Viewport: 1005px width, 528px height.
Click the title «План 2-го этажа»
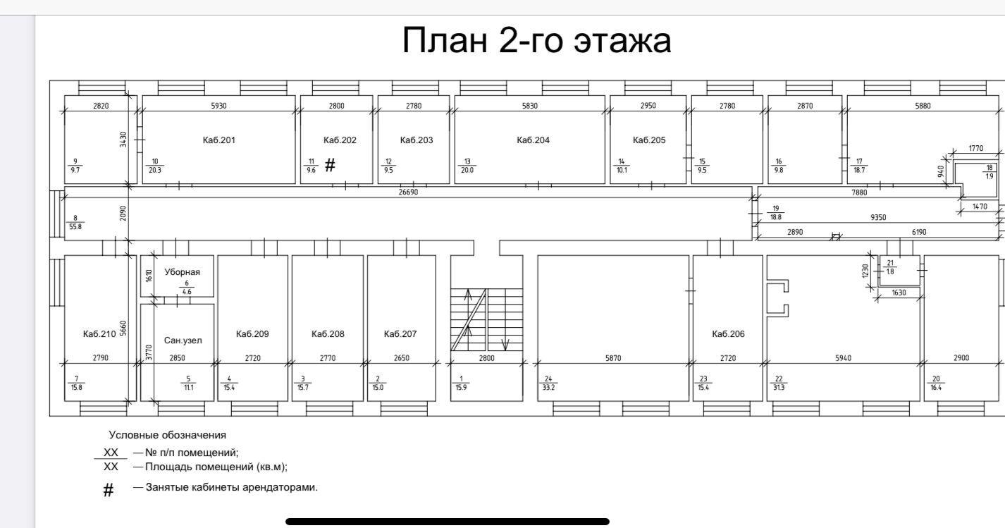(536, 40)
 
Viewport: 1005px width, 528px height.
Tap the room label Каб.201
(219, 140)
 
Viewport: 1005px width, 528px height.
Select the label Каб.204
(533, 140)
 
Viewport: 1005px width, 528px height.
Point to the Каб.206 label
(728, 333)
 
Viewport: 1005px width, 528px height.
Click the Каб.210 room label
(99, 333)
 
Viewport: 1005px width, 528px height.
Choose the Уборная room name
(182, 272)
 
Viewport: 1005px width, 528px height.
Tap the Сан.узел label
(183, 340)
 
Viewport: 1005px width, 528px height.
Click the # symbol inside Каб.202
(330, 166)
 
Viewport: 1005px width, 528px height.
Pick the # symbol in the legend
(109, 491)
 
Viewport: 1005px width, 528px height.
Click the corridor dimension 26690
(408, 192)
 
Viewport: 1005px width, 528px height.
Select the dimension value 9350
(878, 218)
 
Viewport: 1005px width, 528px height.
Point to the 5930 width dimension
(219, 106)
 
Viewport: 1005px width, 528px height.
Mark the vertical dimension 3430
(123, 139)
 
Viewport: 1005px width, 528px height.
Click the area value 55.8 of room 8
(75, 226)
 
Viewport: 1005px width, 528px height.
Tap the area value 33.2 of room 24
(548, 387)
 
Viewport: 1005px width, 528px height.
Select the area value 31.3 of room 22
(779, 387)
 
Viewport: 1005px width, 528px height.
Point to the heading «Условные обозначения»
(167, 435)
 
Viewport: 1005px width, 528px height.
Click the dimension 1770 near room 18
(976, 148)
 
